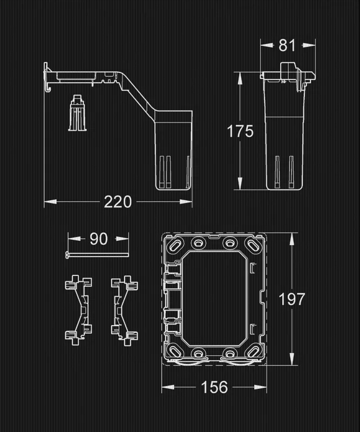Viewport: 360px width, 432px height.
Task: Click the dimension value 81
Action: [288, 45]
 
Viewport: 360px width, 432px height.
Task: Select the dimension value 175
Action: [240, 131]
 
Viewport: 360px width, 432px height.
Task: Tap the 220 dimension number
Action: [118, 202]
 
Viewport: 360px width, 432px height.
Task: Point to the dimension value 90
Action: [99, 239]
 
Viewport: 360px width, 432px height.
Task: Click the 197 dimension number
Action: [292, 299]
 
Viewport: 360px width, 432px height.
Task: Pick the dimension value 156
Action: [214, 387]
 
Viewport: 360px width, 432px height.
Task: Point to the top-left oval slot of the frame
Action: [176, 245]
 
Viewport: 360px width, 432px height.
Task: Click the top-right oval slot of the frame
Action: [252, 245]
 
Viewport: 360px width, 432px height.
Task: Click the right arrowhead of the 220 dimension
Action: [188, 202]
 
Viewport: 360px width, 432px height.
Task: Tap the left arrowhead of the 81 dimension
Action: [264, 45]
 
